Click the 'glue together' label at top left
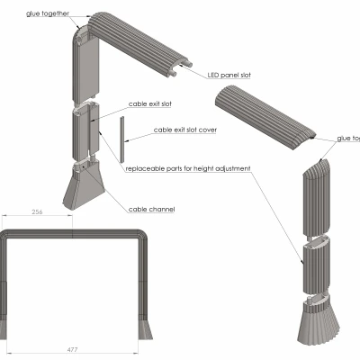click(x=48, y=15)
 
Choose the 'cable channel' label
click(x=151, y=209)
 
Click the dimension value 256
click(x=37, y=213)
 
